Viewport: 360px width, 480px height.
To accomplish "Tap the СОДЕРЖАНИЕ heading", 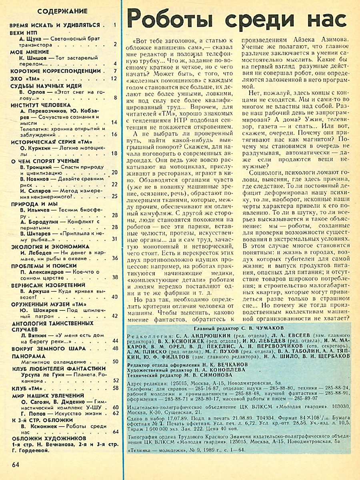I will (x=59, y=11).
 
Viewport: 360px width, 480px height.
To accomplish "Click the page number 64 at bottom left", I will (x=15, y=464).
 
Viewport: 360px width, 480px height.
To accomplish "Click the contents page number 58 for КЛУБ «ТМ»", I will (x=115, y=388).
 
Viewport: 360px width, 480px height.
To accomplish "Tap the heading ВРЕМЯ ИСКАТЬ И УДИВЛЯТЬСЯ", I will (x=54, y=25).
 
